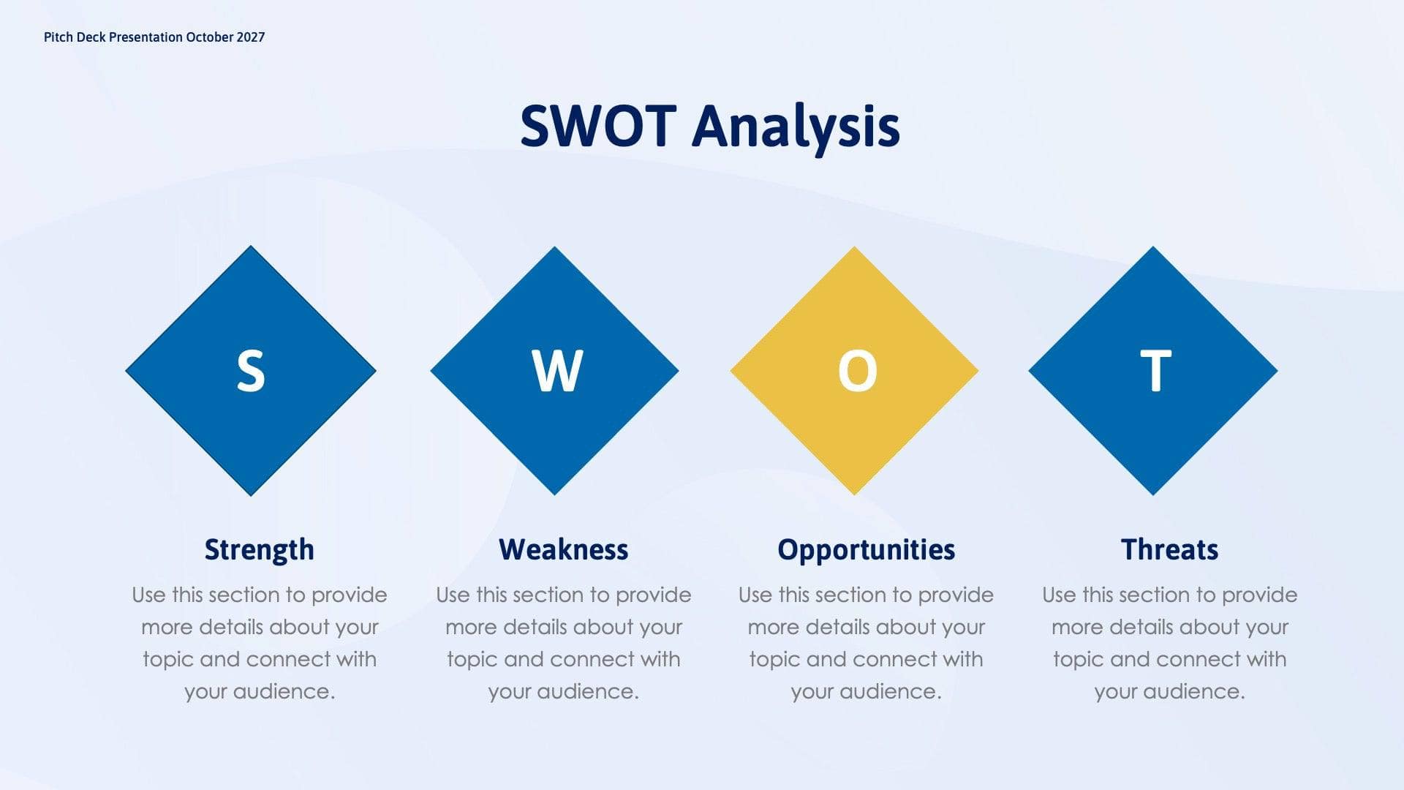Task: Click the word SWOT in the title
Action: (597, 126)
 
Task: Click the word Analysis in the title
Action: (796, 127)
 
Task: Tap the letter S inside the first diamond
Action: (250, 372)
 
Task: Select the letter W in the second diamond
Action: (557, 372)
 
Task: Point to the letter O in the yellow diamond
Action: (857, 372)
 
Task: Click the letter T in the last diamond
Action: (1155, 372)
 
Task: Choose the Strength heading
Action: (259, 549)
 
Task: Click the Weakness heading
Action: (563, 549)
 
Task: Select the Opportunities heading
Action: (866, 549)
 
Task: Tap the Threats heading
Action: (1169, 549)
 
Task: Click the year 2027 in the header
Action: (250, 37)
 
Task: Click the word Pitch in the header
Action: (58, 37)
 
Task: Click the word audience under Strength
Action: (284, 691)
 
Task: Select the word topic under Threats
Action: (1078, 659)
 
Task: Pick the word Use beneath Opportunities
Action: (755, 595)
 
